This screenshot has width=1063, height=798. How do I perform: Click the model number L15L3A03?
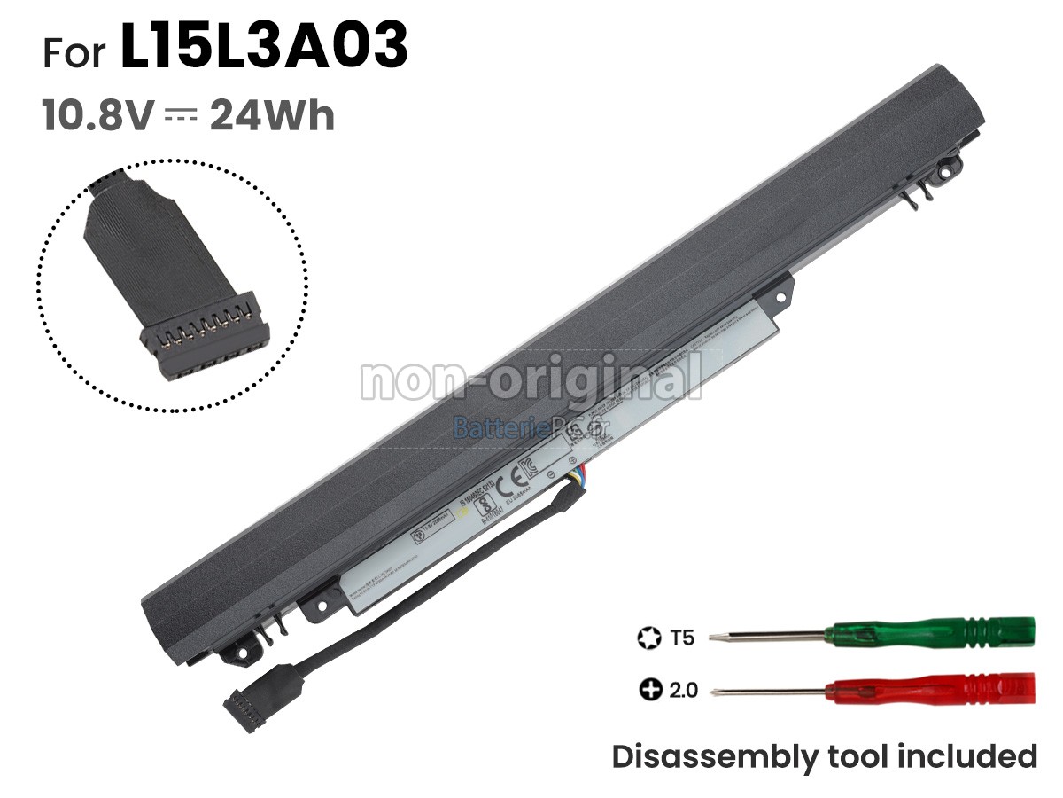(x=264, y=49)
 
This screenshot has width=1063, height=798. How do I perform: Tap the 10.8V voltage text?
(x=98, y=116)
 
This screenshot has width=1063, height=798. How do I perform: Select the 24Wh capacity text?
(x=272, y=116)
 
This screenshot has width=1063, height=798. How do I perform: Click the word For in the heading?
(x=74, y=52)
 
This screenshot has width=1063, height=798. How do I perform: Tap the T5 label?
(x=683, y=637)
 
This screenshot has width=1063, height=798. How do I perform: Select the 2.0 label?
(x=682, y=689)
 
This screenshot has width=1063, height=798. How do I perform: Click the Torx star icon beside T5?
(x=648, y=637)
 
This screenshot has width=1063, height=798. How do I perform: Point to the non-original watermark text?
(x=531, y=379)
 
